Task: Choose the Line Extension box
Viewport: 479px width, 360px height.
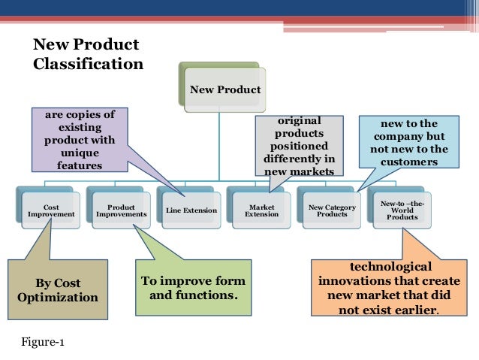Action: coord(191,210)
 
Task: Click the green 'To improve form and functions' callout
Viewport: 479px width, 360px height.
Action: coord(193,288)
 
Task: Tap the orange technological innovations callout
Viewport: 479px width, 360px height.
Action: coord(390,289)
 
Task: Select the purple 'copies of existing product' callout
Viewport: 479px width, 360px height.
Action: coord(80,140)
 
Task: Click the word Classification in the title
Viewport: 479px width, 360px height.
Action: coord(88,64)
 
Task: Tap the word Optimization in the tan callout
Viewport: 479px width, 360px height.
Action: coord(57,297)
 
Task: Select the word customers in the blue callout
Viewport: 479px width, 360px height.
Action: coord(408,162)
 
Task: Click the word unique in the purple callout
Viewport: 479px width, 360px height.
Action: coord(80,153)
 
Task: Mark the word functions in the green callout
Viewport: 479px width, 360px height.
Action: coord(210,295)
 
